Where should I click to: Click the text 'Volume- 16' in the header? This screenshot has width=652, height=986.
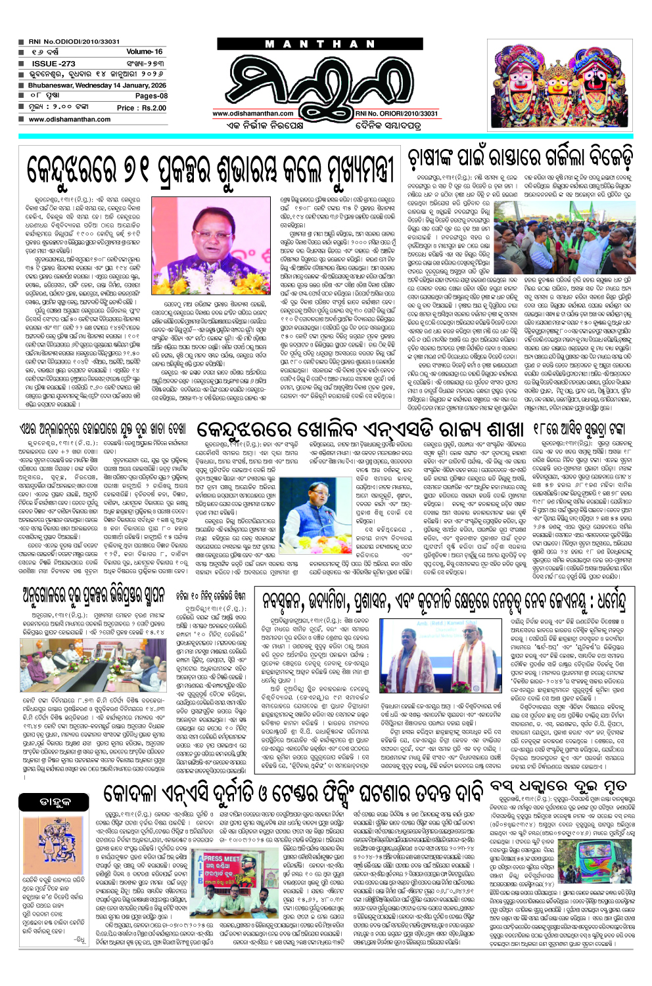click(144, 51)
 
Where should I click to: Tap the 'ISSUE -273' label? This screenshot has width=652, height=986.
click(53, 64)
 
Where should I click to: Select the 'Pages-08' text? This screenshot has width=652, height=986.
click(151, 96)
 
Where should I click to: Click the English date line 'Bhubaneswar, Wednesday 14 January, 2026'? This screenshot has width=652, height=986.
click(97, 85)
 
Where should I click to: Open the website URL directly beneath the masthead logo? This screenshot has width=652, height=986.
click(253, 114)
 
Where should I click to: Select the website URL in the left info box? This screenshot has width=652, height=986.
click(70, 119)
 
